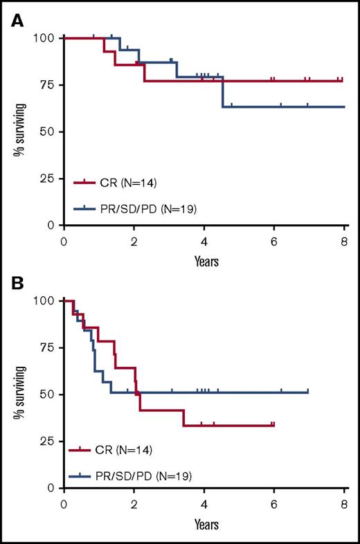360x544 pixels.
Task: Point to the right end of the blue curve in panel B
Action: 308,392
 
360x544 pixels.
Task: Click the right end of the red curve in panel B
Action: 274,425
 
